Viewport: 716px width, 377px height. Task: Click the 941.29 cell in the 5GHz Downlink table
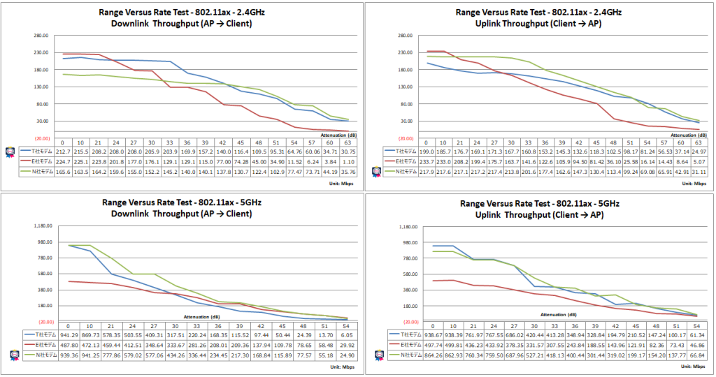click(69, 336)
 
